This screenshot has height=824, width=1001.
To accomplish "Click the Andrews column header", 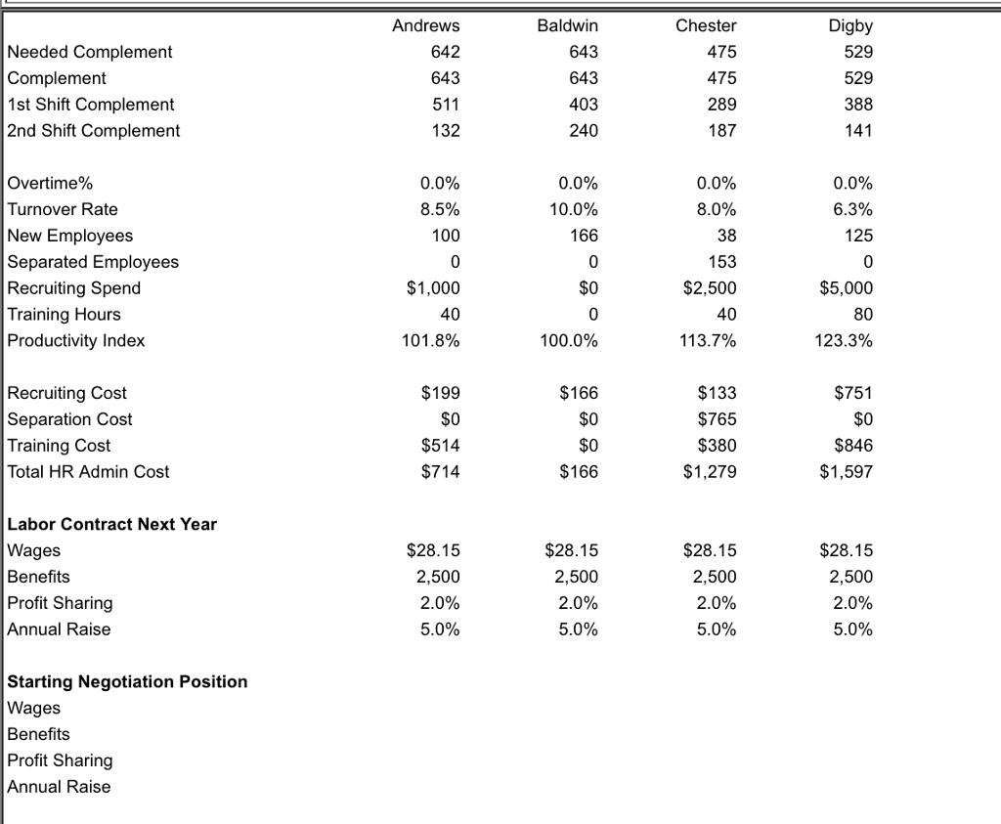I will [425, 25].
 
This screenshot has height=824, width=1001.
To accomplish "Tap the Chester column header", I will [706, 25].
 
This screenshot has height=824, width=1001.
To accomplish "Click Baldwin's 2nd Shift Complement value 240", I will [584, 131].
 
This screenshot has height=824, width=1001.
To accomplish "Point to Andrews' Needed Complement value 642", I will [446, 52].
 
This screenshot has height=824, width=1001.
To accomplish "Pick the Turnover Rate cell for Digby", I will [855, 209].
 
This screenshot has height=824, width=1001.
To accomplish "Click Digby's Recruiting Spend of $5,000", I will [847, 288].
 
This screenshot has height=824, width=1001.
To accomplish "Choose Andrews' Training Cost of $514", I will [440, 446].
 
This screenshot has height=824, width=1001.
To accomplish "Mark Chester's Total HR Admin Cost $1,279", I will [710, 472].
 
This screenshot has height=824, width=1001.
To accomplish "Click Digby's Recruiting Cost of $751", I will [853, 393].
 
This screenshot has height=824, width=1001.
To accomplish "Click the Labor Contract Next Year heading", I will [112, 524].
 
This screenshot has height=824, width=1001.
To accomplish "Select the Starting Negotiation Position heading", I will [127, 681].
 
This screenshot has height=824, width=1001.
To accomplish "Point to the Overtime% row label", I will [51, 183].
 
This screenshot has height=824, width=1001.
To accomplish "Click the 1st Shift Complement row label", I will [91, 105].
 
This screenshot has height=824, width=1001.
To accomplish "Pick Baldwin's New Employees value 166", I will [584, 236].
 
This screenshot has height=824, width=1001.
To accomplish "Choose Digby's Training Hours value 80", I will [863, 315].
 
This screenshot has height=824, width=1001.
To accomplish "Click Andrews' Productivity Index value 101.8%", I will [431, 341].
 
